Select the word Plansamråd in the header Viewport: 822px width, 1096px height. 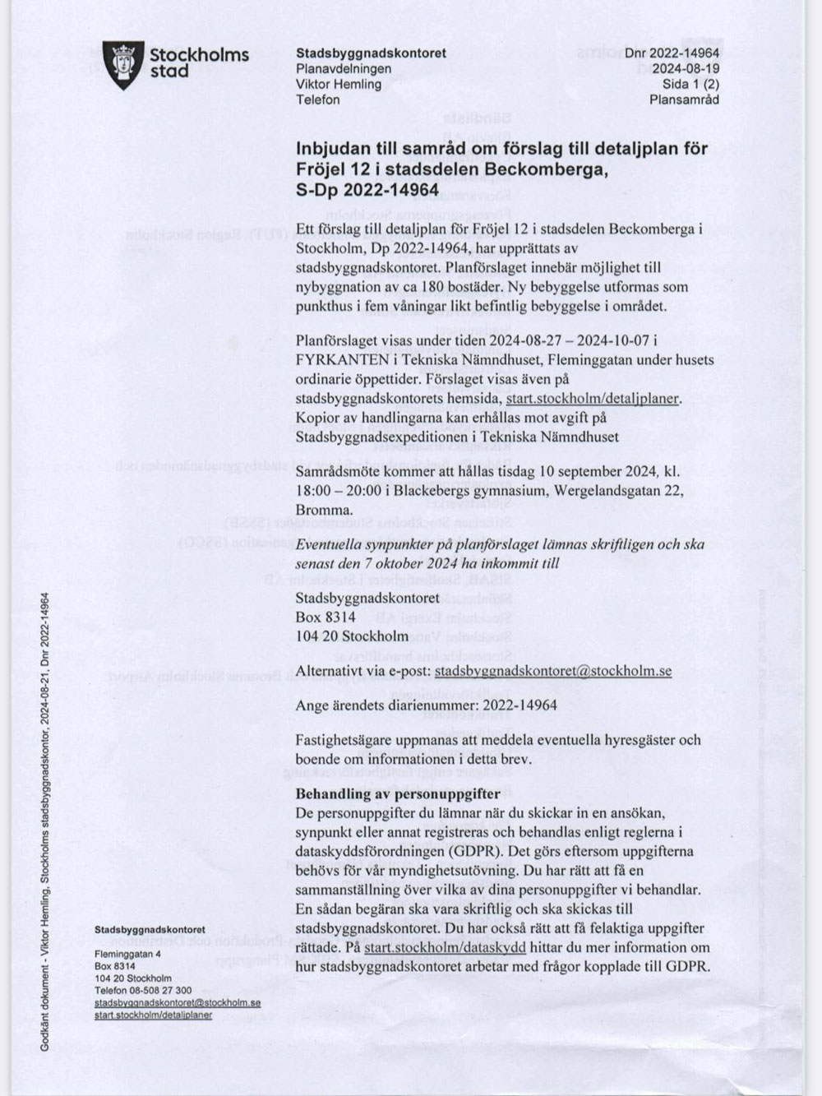pyautogui.click(x=684, y=100)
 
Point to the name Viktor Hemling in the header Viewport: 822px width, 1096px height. pyautogui.click(x=339, y=85)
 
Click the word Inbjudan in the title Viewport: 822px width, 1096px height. pyautogui.click(x=330, y=150)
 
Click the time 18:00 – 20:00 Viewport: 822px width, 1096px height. pyautogui.click(x=335, y=491)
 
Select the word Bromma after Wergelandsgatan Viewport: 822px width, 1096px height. pyautogui.click(x=324, y=510)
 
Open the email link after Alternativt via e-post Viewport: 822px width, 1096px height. pyautogui.click(x=552, y=671)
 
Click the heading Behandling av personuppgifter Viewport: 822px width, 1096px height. pyautogui.click(x=398, y=794)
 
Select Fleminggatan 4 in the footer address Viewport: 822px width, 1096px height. pyautogui.click(x=127, y=954)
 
